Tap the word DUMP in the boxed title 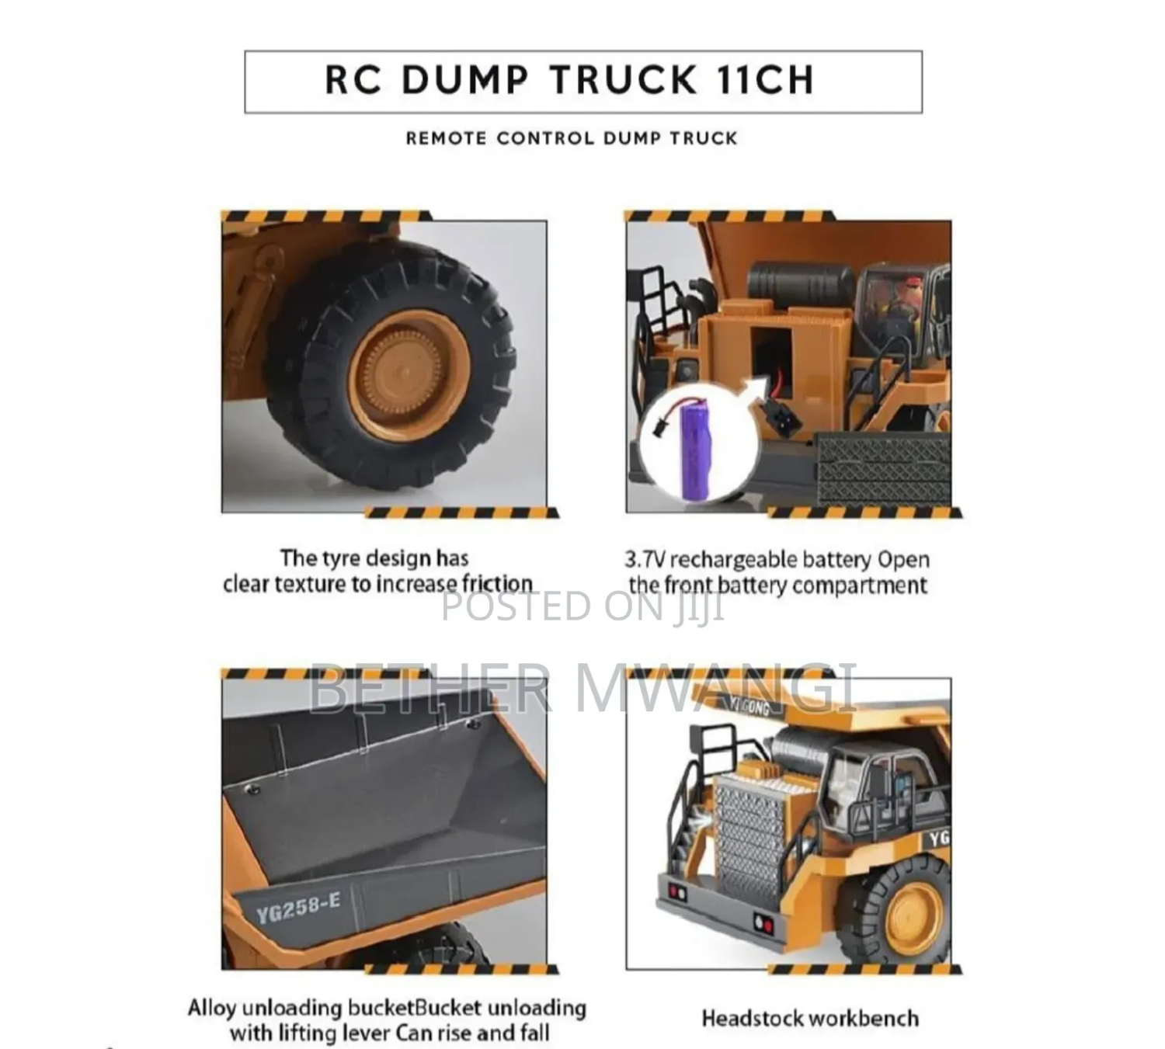click(465, 79)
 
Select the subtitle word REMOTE click(446, 138)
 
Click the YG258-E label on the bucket click(298, 908)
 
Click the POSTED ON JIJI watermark click(582, 606)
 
